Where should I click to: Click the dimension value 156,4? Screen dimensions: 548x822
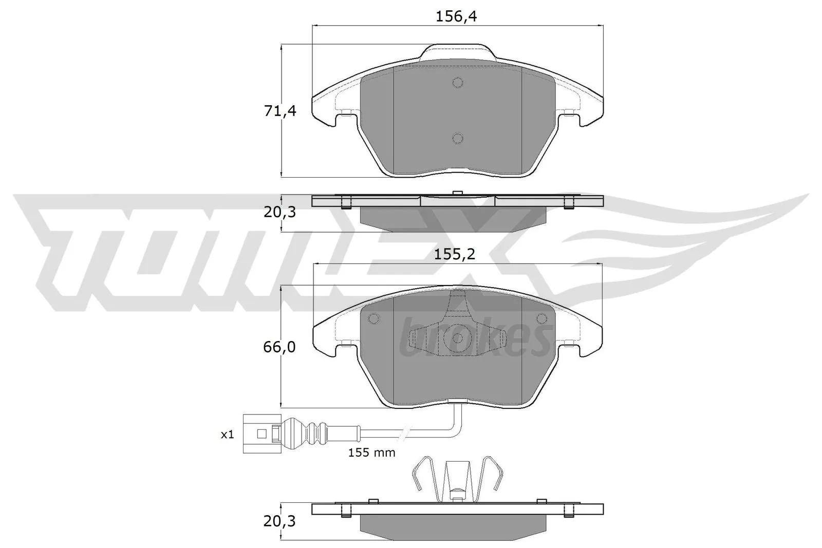[456, 17]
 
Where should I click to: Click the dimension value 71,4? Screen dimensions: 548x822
[280, 111]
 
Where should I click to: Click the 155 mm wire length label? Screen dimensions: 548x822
[371, 452]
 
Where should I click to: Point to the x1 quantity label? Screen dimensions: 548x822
[227, 434]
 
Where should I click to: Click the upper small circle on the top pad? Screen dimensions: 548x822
[457, 83]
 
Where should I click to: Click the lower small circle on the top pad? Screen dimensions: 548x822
[457, 138]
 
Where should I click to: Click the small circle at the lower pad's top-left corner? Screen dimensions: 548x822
[374, 319]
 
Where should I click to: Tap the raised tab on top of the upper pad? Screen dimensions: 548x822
[457, 51]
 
